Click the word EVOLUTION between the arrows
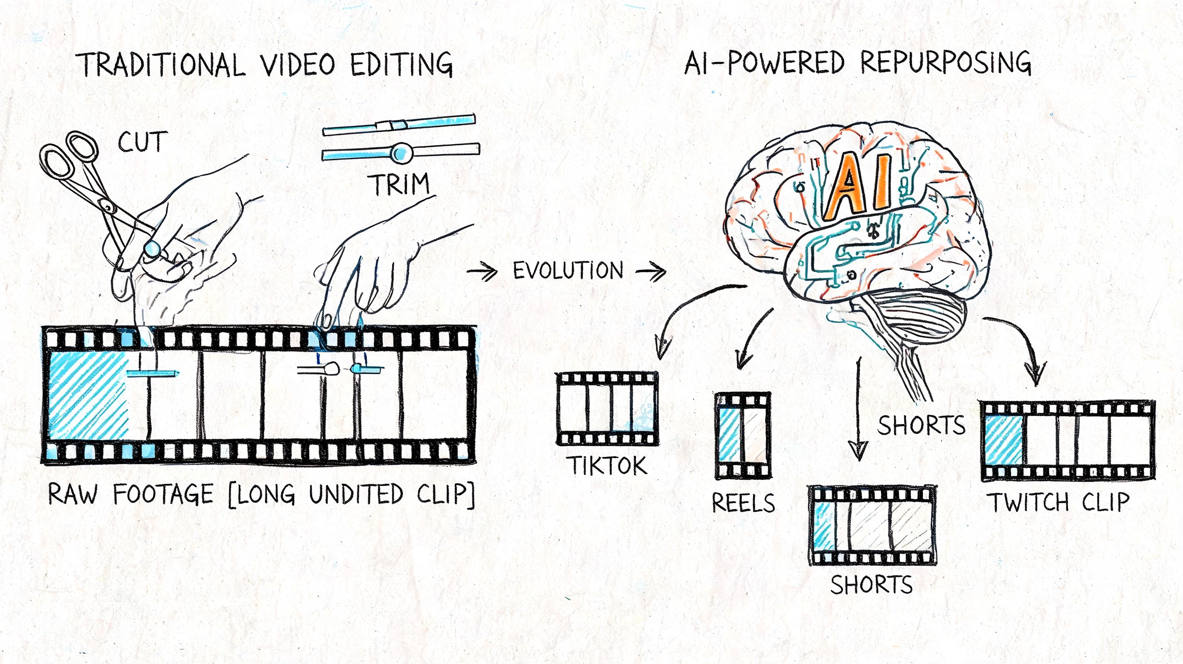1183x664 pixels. pos(568,270)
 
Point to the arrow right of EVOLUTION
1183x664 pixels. pos(651,272)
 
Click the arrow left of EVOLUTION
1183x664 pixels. pos(482,272)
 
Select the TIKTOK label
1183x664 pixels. pos(609,465)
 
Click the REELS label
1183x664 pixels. pos(743,503)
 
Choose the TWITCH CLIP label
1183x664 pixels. pos(1058,502)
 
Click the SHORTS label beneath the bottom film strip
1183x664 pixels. pos(871,585)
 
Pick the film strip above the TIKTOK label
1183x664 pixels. pos(607,408)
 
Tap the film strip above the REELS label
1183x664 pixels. pos(743,435)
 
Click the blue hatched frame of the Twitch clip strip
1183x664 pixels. pos(1004,440)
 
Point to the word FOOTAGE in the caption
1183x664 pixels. pos(163,495)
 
